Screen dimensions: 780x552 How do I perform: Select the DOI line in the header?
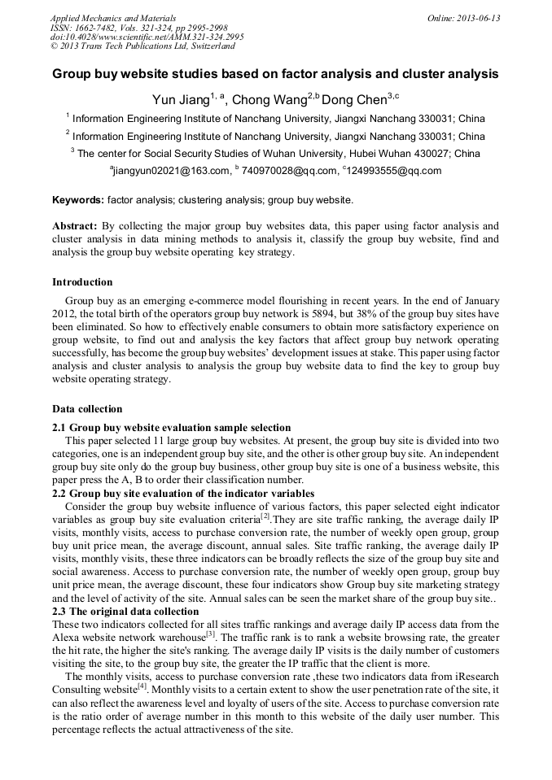tap(147, 37)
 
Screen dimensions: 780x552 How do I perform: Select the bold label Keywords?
tap(78, 199)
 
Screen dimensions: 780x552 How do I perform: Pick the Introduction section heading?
tap(82, 282)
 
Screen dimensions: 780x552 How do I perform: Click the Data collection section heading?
tap(87, 408)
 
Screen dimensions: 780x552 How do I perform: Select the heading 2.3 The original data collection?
tap(125, 612)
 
